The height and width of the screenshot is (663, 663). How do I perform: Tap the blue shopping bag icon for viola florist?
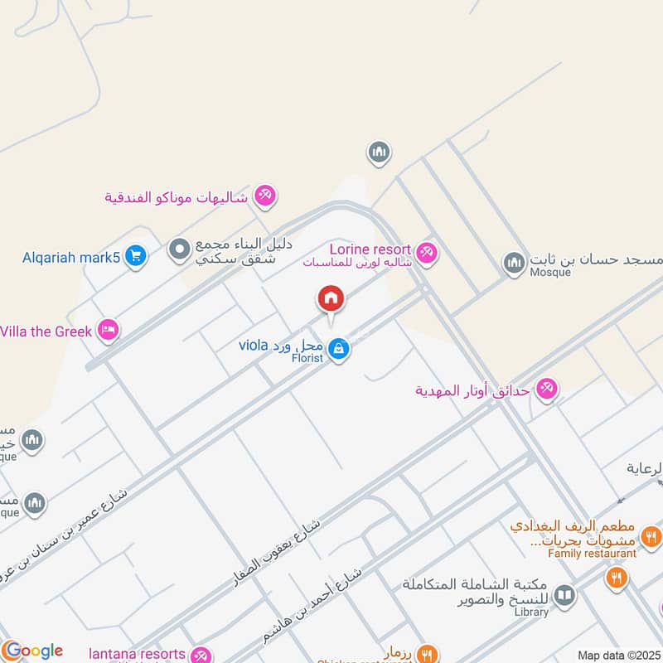point(338,350)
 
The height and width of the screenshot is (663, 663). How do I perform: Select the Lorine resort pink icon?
point(426,252)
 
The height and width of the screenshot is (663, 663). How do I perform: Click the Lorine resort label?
point(370,249)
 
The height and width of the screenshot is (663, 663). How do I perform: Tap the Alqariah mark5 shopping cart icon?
point(136,257)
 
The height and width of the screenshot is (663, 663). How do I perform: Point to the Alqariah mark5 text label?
point(71,257)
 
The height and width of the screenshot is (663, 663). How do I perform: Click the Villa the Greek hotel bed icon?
point(108,331)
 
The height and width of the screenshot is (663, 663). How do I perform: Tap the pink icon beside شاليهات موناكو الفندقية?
point(265,196)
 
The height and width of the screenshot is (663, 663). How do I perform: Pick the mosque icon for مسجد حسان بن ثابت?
point(514,264)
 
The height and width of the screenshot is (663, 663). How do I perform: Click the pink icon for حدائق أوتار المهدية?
point(546,388)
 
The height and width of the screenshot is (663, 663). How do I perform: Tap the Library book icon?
point(564,595)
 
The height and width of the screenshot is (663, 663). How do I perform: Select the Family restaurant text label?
point(593,553)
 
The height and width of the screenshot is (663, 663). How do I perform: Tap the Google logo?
point(32,651)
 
